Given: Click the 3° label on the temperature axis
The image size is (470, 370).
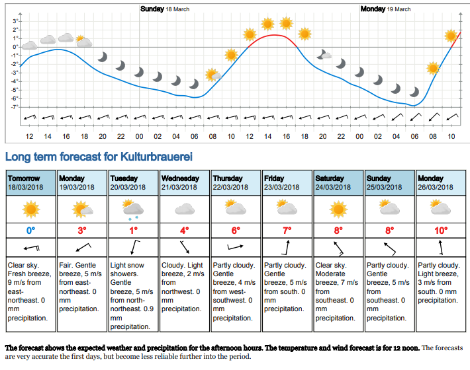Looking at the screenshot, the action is point(15,21).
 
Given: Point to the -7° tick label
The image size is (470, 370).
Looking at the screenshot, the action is point(15,107).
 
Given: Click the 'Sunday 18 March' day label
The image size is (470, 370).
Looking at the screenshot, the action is point(165,9).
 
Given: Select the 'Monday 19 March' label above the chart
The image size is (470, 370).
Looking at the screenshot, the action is point(385,9).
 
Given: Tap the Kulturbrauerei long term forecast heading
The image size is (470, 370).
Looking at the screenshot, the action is point(99,157).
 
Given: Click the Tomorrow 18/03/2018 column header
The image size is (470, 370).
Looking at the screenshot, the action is point(31,183).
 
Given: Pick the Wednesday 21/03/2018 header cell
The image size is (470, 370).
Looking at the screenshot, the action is point(184,183).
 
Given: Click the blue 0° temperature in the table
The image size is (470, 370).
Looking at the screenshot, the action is point(31,231).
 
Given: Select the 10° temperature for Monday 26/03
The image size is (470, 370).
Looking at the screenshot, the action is point(441,231).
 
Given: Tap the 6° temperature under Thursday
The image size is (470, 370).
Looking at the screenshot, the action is point(236,231).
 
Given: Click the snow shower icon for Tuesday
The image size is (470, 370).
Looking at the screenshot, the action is point(133,209).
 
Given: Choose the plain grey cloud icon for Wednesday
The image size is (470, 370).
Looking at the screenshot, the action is point(185,209).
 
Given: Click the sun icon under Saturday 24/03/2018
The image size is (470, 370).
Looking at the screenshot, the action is point(338,209).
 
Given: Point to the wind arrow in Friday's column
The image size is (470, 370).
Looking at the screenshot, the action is point(286,247).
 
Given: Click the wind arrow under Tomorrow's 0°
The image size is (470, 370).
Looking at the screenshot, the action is point(32,248).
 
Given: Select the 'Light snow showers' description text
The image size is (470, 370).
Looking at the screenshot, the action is point(127,270).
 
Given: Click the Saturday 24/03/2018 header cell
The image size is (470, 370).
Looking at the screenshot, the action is point(338,183).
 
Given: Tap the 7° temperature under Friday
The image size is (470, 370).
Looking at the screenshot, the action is point(287,231).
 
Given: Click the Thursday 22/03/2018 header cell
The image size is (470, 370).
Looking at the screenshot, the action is point(236,183).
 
